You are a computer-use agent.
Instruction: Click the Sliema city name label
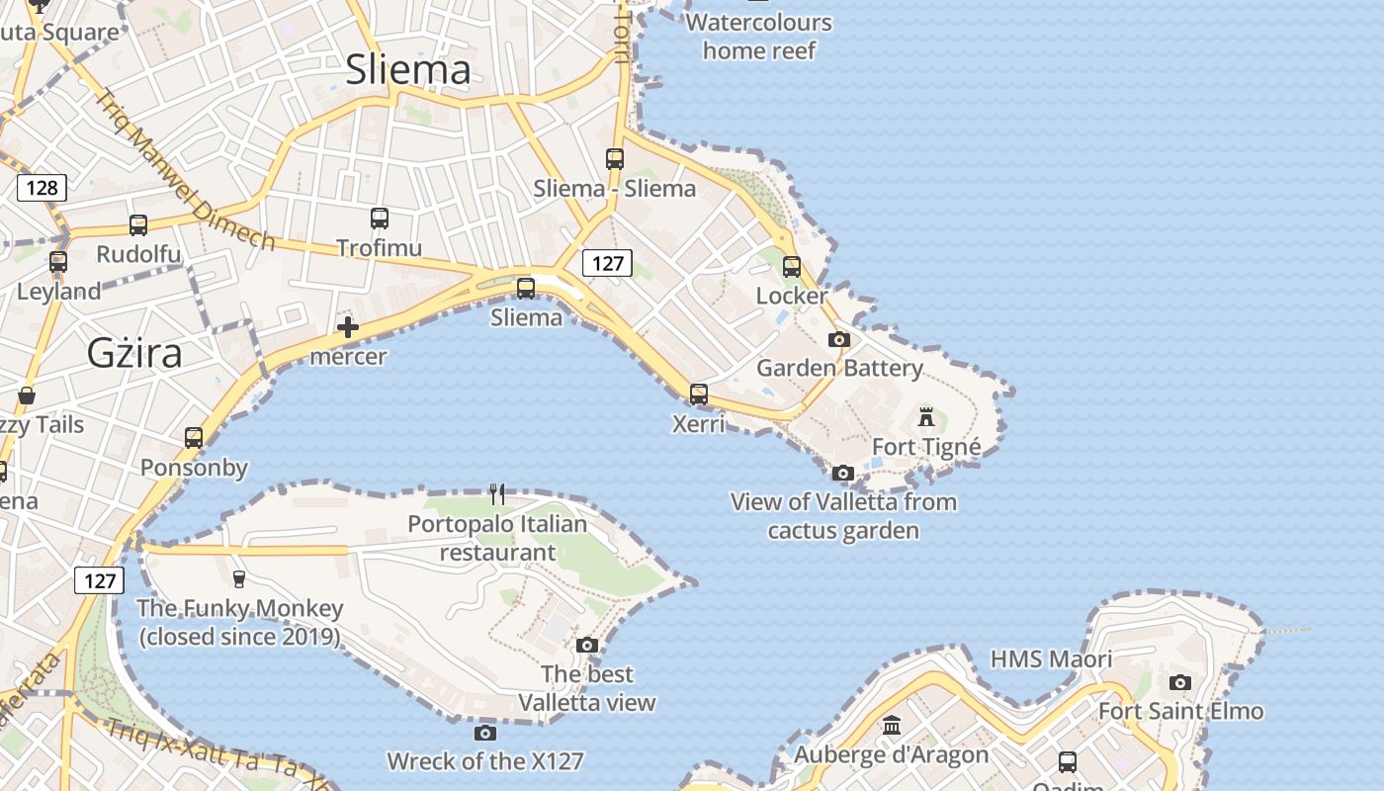tap(407, 69)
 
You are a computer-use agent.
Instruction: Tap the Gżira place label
tap(134, 352)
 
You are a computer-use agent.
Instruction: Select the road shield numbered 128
tap(42, 188)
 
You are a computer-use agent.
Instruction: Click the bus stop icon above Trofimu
tap(380, 219)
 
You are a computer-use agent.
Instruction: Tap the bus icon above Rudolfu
tap(138, 225)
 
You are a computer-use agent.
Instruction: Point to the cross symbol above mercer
tap(348, 327)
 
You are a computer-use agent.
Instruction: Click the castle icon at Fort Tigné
tap(926, 416)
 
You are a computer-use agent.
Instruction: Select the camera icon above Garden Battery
tap(839, 339)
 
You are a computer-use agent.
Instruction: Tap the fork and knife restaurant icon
tap(497, 493)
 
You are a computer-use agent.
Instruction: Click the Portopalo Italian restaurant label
tap(497, 538)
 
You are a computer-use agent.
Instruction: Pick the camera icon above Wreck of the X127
tap(484, 733)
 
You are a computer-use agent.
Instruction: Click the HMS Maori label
tap(1051, 659)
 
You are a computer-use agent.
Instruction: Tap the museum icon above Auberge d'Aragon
tap(892, 726)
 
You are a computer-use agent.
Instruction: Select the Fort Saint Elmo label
tap(1180, 711)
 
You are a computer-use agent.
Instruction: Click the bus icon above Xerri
tap(699, 395)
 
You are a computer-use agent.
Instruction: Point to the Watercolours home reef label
tap(759, 36)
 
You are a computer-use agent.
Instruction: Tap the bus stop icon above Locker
tap(792, 266)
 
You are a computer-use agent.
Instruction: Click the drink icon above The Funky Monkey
tap(238, 578)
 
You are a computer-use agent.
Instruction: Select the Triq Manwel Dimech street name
tap(185, 170)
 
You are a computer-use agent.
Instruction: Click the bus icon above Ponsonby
tap(194, 437)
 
